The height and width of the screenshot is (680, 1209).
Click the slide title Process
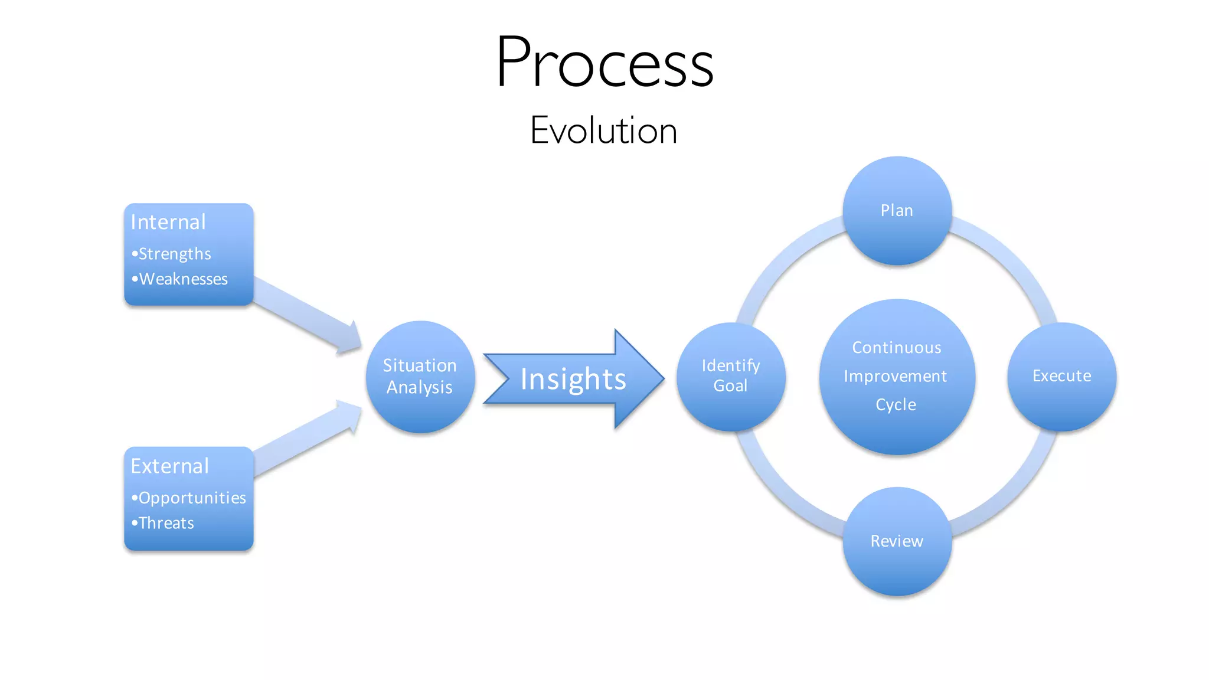[604, 63]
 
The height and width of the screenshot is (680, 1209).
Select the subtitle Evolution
[603, 130]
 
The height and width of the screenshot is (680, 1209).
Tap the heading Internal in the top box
[168, 223]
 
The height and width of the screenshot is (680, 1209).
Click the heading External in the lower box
[170, 466]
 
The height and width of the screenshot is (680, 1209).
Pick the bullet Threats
[166, 523]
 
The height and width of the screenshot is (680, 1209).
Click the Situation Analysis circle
[420, 377]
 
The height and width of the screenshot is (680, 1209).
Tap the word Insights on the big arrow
[573, 379]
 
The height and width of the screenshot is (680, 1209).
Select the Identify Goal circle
[731, 376]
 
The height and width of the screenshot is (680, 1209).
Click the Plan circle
[897, 211]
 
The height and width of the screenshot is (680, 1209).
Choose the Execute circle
[1061, 376]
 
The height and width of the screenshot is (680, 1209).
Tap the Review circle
[897, 541]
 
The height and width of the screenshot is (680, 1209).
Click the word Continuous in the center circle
[896, 348]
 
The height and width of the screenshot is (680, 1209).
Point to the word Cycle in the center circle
[896, 405]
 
